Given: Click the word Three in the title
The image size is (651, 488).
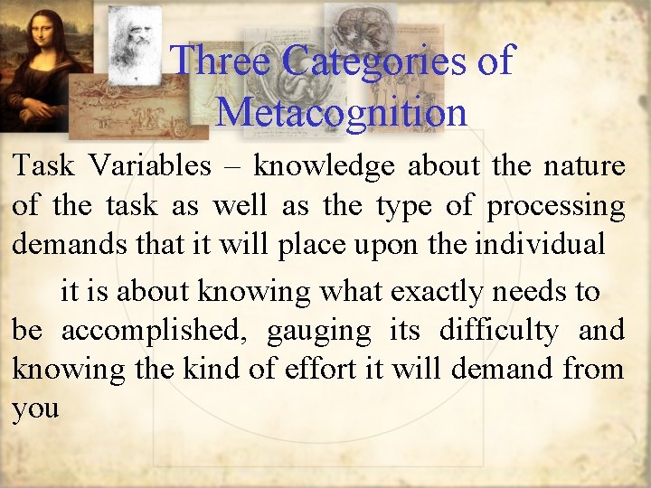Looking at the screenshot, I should coord(221,61).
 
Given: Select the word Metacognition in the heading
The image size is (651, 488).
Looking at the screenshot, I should coord(342,112).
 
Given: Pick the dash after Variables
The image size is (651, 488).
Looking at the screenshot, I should coord(232,167).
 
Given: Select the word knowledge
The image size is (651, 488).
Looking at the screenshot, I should coord(324,166).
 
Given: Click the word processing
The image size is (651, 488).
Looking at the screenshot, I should coord(555,207).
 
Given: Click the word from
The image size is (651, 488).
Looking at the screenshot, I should coord(592,369).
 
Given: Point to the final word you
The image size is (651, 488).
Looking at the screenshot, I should coord(35,408).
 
